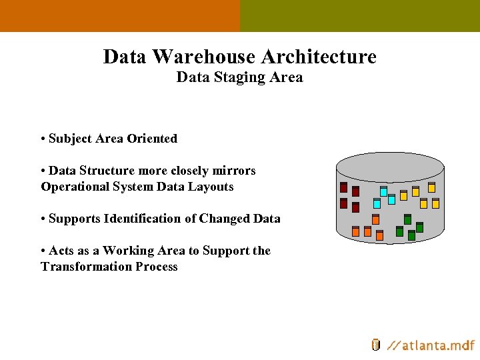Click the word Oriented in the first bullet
tap(152, 139)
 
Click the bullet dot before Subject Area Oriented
tap(43, 139)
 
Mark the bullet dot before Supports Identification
tap(43, 219)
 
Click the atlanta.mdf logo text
tap(432, 345)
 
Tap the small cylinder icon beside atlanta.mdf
tap(376, 345)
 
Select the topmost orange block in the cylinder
tap(375, 219)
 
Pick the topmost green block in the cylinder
tap(407, 219)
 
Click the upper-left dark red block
tap(343, 187)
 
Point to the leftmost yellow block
tap(403, 195)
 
